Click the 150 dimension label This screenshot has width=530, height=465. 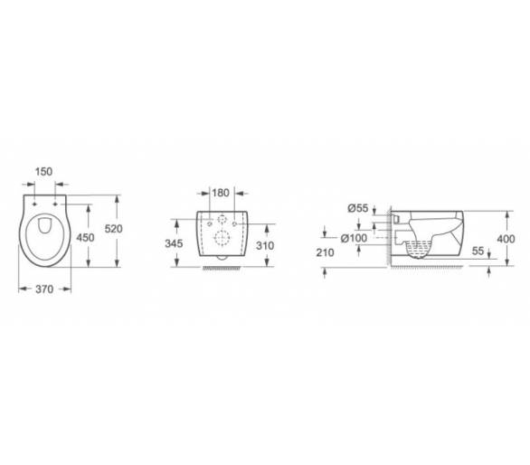(44, 172)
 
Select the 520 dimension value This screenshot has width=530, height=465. (114, 229)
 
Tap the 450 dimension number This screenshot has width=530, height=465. (85, 238)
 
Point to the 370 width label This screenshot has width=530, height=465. (44, 289)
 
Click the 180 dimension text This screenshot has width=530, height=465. (221, 193)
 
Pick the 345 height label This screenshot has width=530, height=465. (174, 243)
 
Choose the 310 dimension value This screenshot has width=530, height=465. (265, 246)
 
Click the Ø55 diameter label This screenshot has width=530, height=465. (357, 208)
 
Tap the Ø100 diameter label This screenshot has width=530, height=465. (354, 238)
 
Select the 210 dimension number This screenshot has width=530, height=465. (325, 252)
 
